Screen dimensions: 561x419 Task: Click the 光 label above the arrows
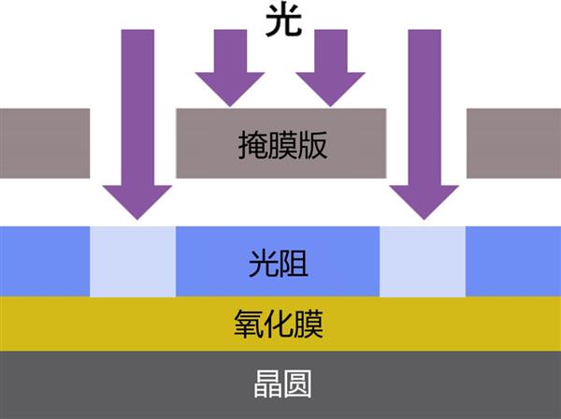click(x=283, y=22)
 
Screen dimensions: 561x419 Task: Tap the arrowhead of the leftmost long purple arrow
click(x=137, y=201)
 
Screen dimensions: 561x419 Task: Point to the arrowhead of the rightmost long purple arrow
click(x=424, y=201)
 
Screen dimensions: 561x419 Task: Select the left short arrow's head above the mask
click(x=230, y=89)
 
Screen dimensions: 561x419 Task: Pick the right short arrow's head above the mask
click(x=330, y=89)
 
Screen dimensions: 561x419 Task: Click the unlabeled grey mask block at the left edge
click(x=45, y=143)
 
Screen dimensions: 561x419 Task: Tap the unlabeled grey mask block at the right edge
click(x=513, y=143)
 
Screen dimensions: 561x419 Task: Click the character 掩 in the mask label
click(x=252, y=145)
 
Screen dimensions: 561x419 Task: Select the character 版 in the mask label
click(x=312, y=145)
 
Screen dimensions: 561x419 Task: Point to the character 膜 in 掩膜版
click(x=282, y=145)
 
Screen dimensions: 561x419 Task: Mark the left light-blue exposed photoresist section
click(x=133, y=261)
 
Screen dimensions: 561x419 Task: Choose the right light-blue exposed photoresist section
click(x=423, y=261)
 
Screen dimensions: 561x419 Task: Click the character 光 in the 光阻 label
click(x=264, y=264)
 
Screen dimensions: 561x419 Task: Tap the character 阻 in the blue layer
click(x=294, y=264)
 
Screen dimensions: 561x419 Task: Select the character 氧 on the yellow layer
click(x=249, y=325)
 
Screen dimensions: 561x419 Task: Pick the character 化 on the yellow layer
click(x=278, y=325)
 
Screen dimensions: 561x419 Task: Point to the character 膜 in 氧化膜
click(x=308, y=325)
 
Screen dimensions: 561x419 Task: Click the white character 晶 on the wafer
click(x=267, y=384)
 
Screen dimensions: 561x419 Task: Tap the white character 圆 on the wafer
click(x=297, y=384)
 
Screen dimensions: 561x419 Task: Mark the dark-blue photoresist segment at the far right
click(x=513, y=261)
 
